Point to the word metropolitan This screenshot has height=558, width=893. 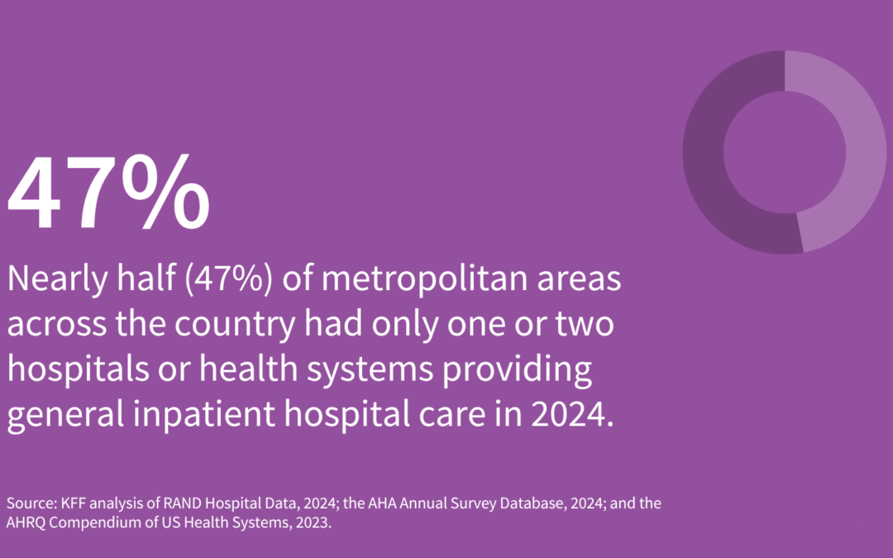(413, 280)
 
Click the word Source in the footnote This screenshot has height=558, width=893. (26, 503)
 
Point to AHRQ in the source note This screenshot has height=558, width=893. (24, 524)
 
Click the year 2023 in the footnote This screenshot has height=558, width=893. (314, 524)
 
